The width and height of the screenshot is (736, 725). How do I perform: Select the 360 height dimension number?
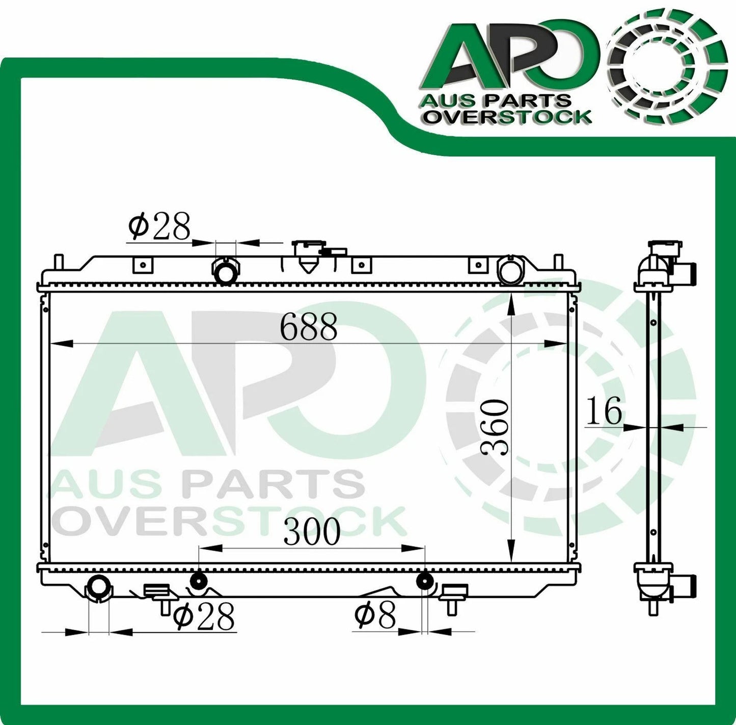(x=495, y=428)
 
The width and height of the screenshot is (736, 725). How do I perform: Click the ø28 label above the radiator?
(x=159, y=226)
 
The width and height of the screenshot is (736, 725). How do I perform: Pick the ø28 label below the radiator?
(x=204, y=617)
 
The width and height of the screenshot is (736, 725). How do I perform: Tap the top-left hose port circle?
(x=225, y=272)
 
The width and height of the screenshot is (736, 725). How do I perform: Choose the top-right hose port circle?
(x=509, y=271)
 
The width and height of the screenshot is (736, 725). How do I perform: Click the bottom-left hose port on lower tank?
(x=98, y=588)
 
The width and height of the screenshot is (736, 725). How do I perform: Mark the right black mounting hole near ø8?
(x=424, y=581)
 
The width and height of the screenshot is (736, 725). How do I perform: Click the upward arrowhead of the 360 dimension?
(x=511, y=304)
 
